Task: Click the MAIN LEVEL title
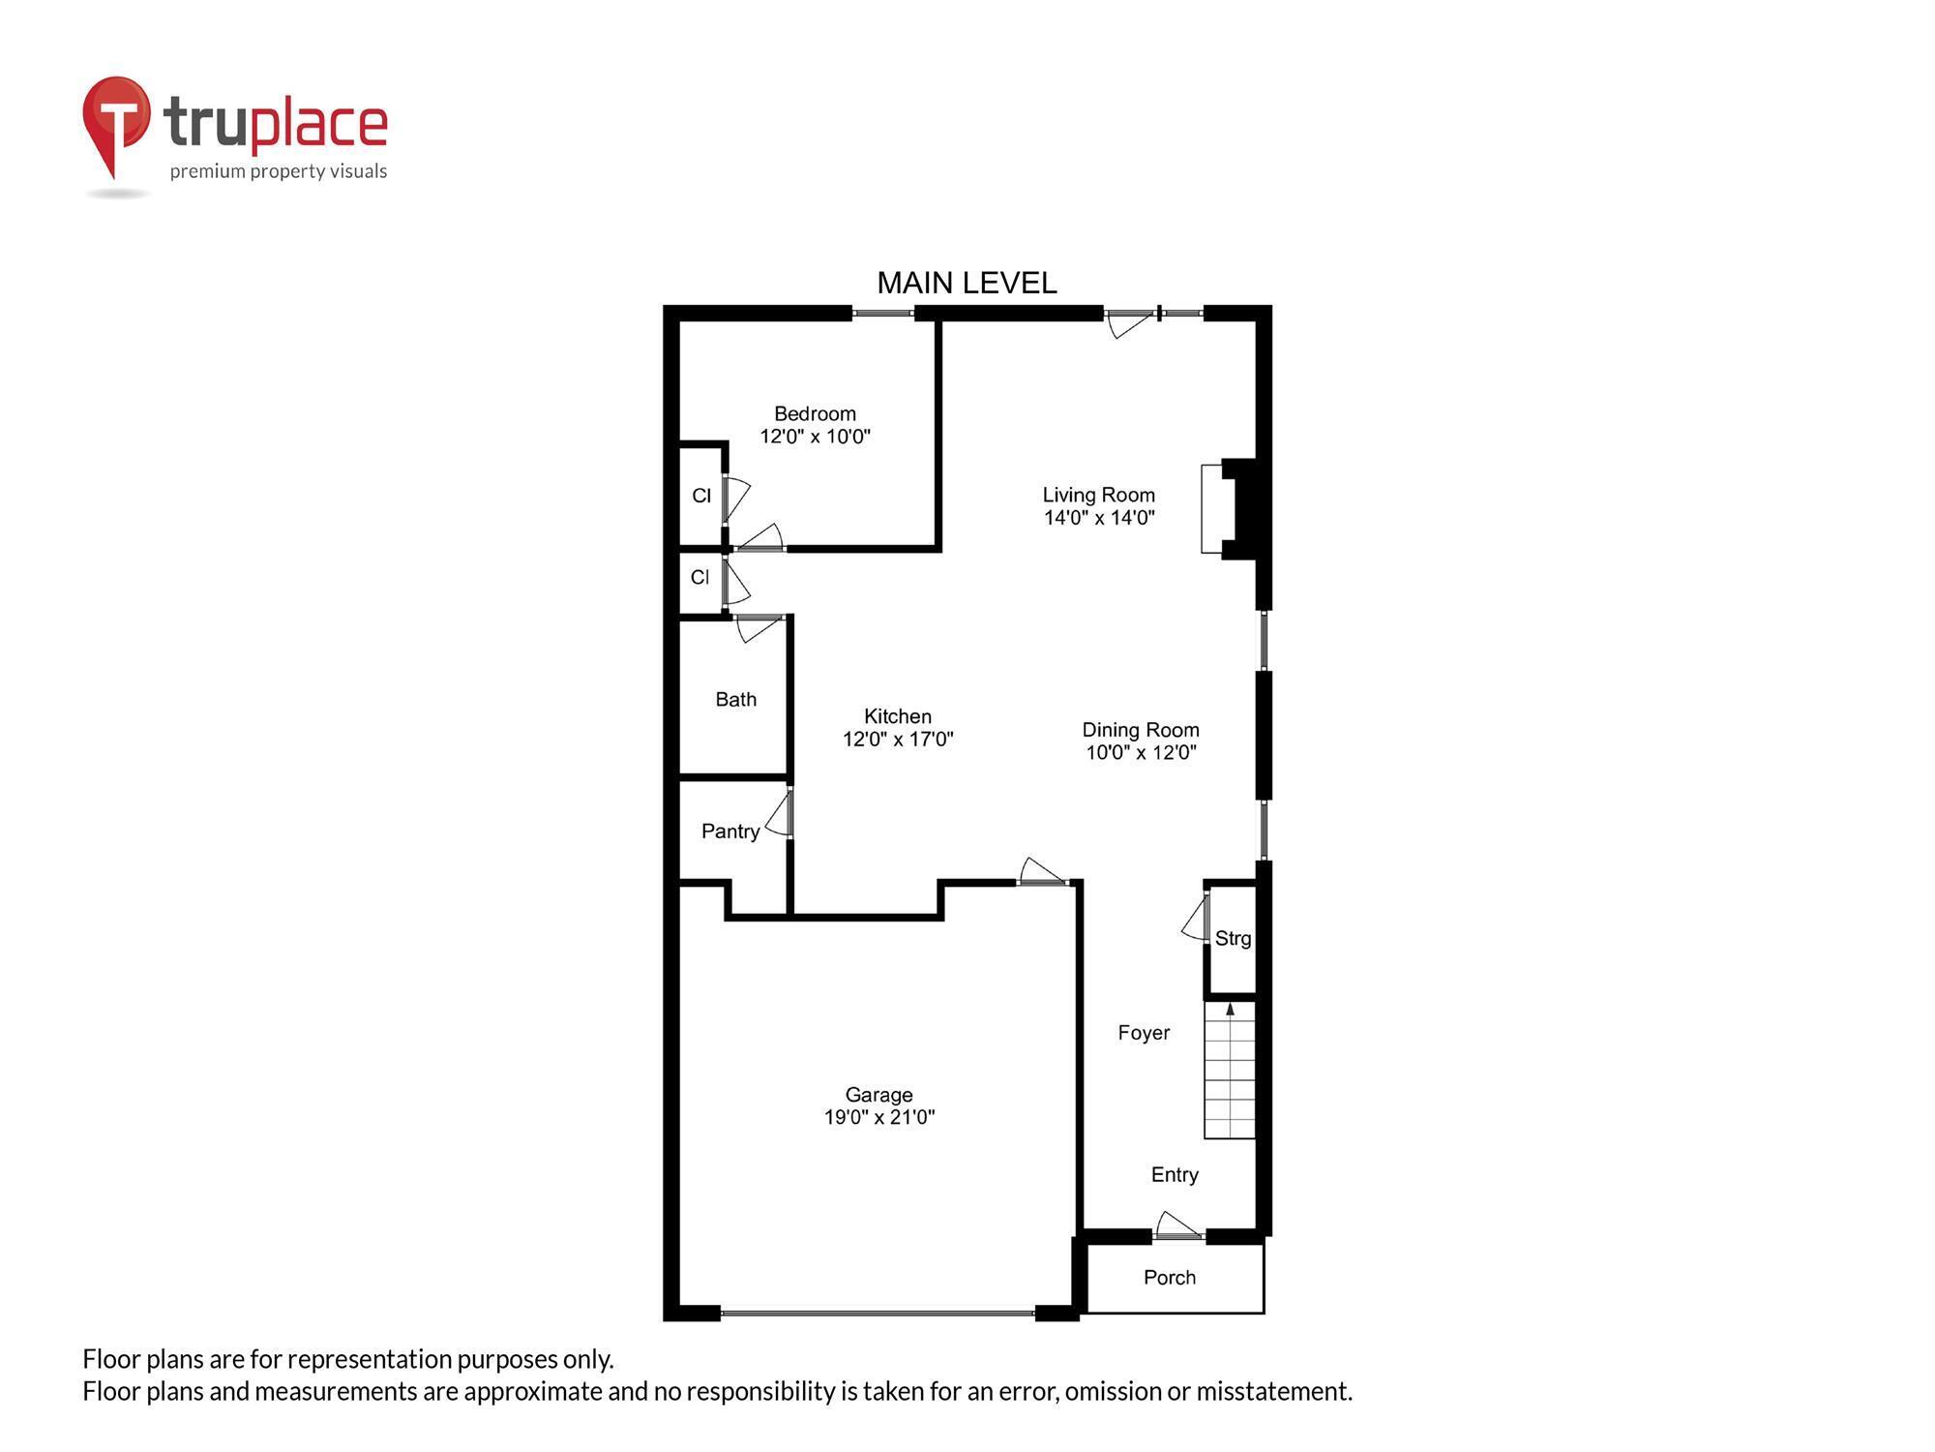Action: pyautogui.click(x=967, y=283)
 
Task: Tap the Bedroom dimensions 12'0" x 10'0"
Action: pyautogui.click(x=815, y=437)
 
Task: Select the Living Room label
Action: pyautogui.click(x=1098, y=495)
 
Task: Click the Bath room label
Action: pyautogui.click(x=735, y=699)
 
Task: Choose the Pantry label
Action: pyautogui.click(x=730, y=832)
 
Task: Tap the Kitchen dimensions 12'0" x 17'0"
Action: pyautogui.click(x=898, y=740)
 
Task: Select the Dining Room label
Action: pyautogui.click(x=1140, y=730)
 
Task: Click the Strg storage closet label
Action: pyautogui.click(x=1233, y=938)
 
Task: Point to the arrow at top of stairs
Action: pyautogui.click(x=1230, y=1010)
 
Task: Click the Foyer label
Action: pyautogui.click(x=1144, y=1033)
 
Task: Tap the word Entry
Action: pyautogui.click(x=1175, y=1174)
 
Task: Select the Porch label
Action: pyautogui.click(x=1170, y=1278)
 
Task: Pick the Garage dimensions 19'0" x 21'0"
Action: pyautogui.click(x=878, y=1117)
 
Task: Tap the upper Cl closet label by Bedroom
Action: pyautogui.click(x=701, y=496)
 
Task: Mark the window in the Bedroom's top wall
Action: pyautogui.click(x=882, y=313)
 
